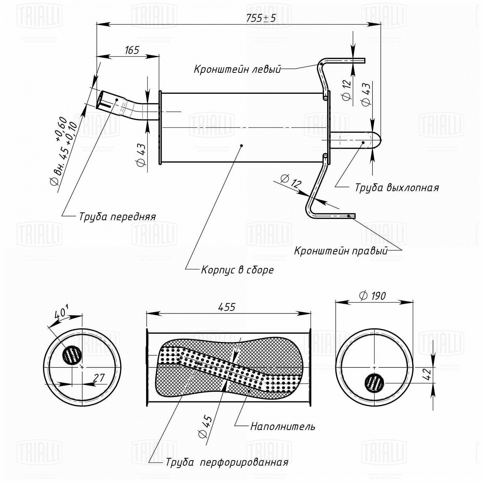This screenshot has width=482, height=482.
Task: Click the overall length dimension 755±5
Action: (x=261, y=18)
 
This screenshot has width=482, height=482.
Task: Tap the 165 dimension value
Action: (x=132, y=50)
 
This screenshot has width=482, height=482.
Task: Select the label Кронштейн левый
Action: (x=237, y=69)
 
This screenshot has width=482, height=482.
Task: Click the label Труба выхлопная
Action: (x=397, y=188)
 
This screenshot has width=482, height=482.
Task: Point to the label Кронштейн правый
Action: (x=341, y=251)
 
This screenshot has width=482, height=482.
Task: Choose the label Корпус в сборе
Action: (x=237, y=270)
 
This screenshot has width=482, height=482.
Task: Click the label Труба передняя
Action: (x=117, y=216)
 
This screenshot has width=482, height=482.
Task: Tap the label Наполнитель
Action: (x=283, y=427)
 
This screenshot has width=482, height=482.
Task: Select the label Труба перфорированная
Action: (x=227, y=462)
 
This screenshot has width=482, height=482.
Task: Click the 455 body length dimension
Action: (x=227, y=307)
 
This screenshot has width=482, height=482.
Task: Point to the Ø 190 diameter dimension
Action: (x=372, y=296)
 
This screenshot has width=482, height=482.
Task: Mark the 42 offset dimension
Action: (x=428, y=374)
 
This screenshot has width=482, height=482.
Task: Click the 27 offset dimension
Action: (x=99, y=378)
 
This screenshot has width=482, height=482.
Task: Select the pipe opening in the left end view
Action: (x=72, y=355)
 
